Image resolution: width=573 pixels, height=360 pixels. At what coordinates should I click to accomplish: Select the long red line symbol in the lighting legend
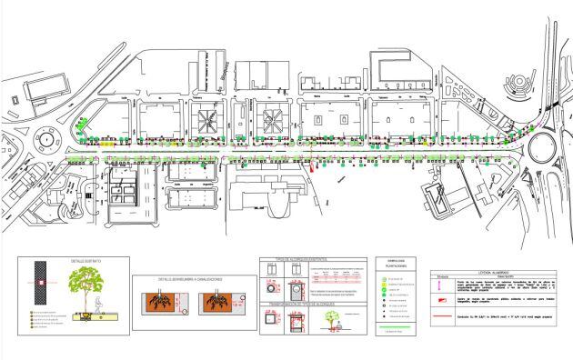(443, 320)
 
